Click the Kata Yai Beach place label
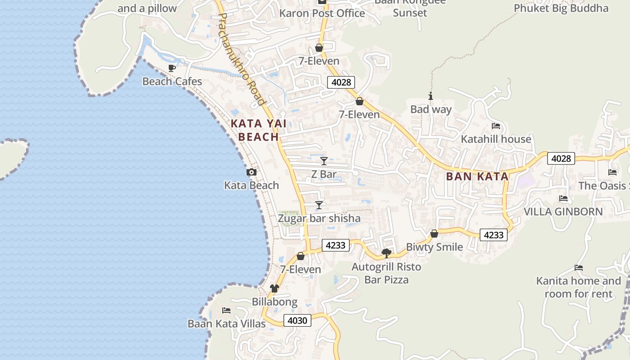coord(258,130)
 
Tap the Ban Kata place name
coord(477,176)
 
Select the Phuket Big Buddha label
coord(561,8)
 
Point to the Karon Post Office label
coord(322,13)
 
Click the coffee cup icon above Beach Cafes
coord(171,68)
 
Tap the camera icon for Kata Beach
coord(252,172)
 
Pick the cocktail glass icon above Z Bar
coord(324,161)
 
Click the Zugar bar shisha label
coord(319,219)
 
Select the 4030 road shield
coord(297,320)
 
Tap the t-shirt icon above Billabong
coord(274,288)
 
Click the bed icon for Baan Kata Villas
coord(226,310)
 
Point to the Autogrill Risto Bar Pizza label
coord(386,273)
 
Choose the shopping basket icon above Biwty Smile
coord(434,234)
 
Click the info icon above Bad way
coord(431,96)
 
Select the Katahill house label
coord(496,139)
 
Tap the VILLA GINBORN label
coord(563,211)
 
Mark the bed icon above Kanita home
coord(579,268)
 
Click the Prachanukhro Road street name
coord(241,58)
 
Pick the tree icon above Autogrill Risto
coord(386,253)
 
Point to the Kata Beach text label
coord(252,185)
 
